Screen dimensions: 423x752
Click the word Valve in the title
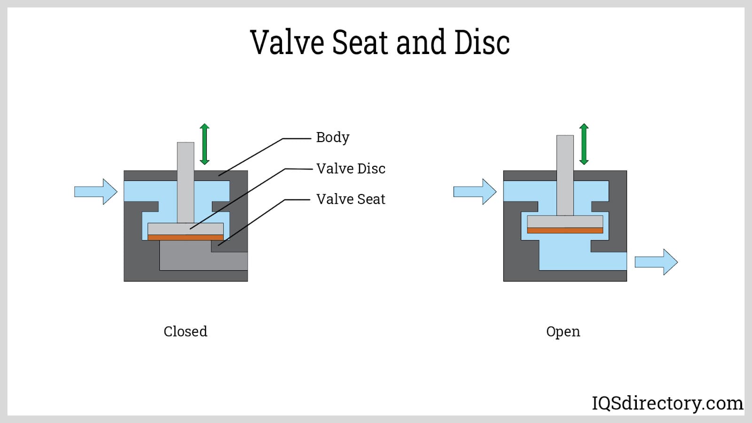coord(287,42)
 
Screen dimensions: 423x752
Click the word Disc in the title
coord(482,42)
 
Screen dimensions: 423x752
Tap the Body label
coord(333,137)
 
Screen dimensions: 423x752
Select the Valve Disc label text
coord(351,168)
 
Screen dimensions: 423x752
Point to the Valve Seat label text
coord(351,199)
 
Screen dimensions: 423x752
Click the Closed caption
coord(185,331)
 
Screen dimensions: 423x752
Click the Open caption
coord(563,331)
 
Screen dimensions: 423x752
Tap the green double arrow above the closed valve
coord(204,144)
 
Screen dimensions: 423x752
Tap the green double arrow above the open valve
coord(584,144)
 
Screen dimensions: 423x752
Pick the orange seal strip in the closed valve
coord(185,237)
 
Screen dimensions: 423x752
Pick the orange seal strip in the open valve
coord(565,230)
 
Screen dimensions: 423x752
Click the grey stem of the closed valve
coord(186,179)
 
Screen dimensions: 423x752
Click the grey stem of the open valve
coord(565,174)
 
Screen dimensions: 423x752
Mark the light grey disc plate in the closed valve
coord(185,228)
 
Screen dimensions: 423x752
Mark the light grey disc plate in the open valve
coord(565,221)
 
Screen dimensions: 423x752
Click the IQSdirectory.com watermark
coord(667,403)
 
